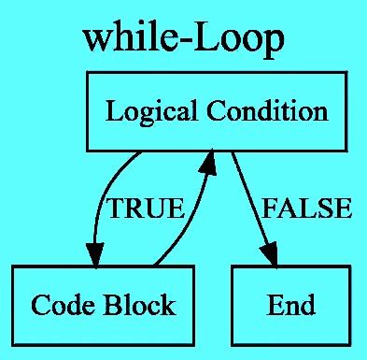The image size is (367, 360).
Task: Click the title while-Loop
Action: coord(183,39)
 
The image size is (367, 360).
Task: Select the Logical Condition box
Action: coord(217,112)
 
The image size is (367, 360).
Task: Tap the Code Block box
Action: coord(103,305)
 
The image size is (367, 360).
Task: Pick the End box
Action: coord(290,305)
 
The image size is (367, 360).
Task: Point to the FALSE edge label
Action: coord(306,209)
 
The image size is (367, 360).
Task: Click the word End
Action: coord(290,305)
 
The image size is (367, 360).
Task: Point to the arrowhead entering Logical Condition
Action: coord(208,165)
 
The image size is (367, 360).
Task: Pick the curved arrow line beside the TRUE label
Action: coord(101,201)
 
